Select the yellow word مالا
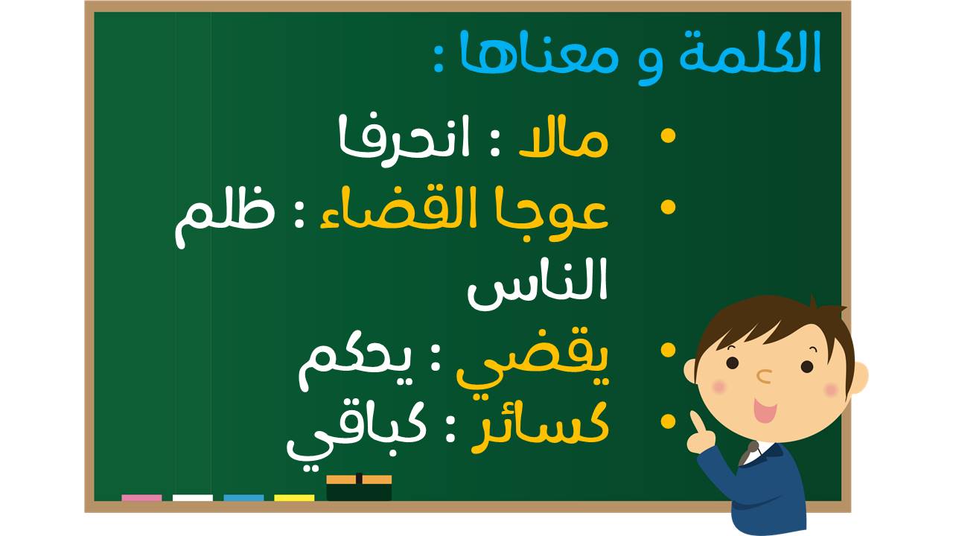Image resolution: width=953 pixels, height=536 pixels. (564, 137)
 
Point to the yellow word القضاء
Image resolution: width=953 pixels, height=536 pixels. (394, 210)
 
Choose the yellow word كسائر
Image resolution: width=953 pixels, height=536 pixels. (541, 426)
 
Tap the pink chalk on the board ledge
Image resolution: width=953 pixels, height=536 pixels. (141, 498)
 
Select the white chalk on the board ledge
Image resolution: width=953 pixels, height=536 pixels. (192, 498)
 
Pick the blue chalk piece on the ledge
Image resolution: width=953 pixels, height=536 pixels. (243, 498)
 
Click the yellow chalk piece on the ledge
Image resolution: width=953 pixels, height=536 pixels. (294, 498)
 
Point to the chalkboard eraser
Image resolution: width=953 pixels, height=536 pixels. (359, 488)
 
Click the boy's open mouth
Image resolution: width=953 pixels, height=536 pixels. (765, 409)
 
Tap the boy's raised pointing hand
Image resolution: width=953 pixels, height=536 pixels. (701, 433)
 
